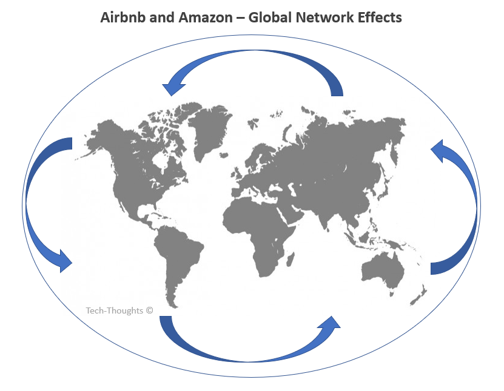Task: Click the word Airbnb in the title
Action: pyautogui.click(x=121, y=17)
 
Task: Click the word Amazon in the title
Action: pyautogui.click(x=195, y=17)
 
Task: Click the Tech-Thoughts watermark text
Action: pyautogui.click(x=115, y=310)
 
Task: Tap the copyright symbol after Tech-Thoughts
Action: pyautogui.click(x=149, y=310)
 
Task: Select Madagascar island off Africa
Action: pyautogui.click(x=291, y=258)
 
